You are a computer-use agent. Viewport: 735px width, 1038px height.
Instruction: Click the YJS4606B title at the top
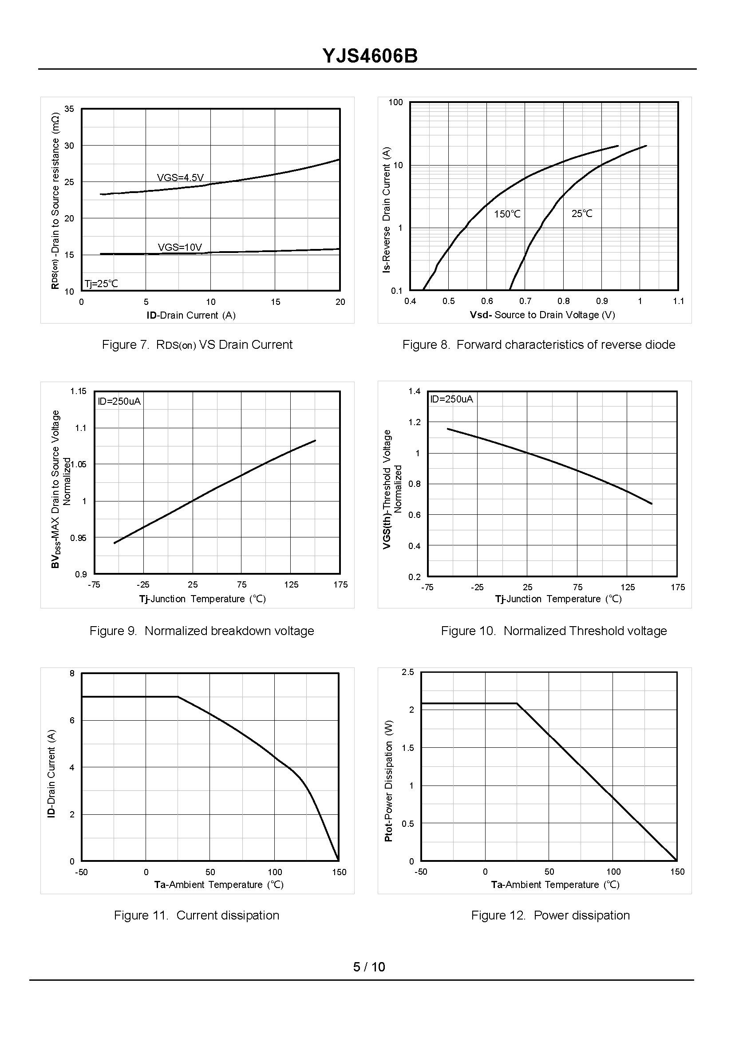pos(370,56)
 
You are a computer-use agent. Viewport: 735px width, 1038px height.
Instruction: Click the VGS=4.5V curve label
pos(180,178)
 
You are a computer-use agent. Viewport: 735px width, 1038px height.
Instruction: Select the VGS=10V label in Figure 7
pos(180,248)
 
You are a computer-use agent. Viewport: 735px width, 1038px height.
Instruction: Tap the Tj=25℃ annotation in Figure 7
pos(101,284)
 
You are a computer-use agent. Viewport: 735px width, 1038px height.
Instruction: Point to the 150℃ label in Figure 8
pos(507,214)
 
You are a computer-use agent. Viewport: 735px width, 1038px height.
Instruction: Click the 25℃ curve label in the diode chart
pos(581,213)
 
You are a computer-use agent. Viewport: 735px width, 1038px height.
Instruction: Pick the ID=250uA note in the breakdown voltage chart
pos(119,402)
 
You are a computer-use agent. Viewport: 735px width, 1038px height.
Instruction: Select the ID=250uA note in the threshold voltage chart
pos(451,399)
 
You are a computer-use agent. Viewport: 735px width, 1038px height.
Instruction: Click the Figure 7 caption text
pos(197,345)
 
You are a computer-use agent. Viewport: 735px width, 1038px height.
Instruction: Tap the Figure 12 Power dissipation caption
pos(550,916)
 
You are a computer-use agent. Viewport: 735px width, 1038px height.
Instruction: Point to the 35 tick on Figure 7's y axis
pos(69,109)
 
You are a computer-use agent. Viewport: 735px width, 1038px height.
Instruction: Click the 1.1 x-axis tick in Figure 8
pos(678,301)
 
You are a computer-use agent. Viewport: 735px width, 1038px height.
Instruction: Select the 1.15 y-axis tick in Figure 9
pos(78,391)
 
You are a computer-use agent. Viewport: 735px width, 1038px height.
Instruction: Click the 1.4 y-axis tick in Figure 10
pos(414,391)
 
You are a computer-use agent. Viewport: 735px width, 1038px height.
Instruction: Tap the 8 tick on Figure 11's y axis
pos(72,674)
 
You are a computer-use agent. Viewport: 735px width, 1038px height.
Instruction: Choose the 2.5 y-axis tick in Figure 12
pos(408,672)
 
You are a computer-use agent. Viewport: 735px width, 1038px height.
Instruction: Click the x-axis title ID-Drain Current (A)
pos(191,316)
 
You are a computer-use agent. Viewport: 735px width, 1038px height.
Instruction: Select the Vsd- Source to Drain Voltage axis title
pos(542,315)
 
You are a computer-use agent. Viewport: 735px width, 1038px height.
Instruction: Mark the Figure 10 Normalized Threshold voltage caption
pos(553,631)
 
